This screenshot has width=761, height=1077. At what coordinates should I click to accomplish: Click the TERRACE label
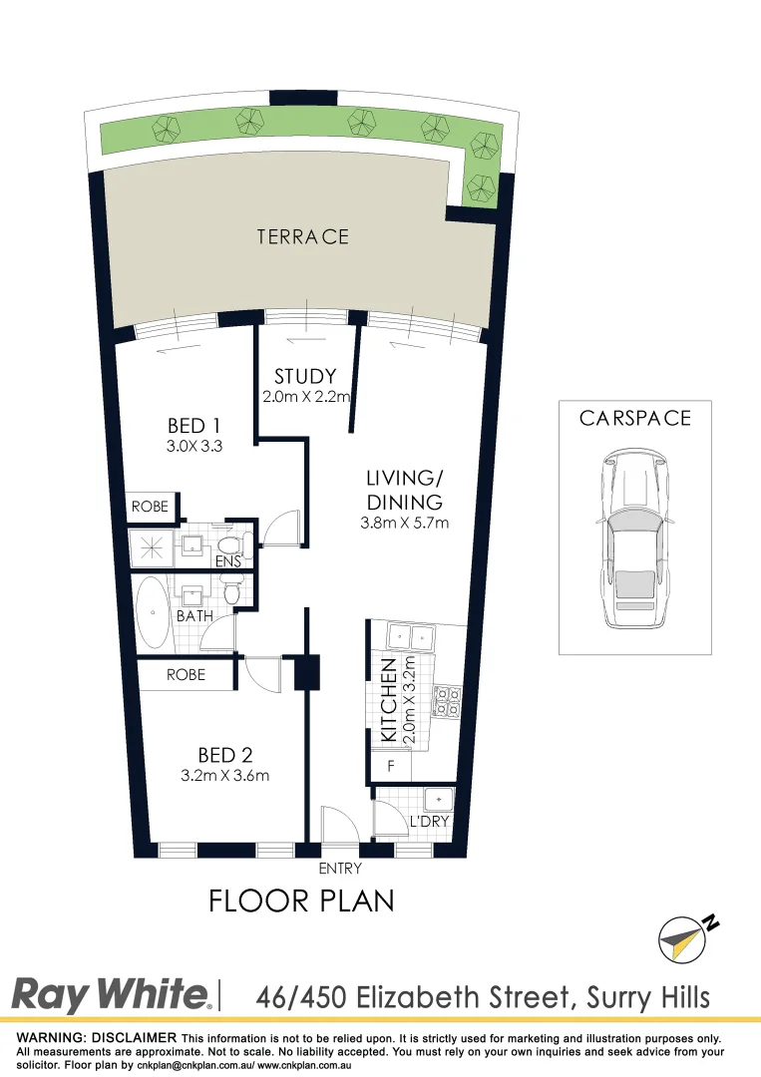coord(302,236)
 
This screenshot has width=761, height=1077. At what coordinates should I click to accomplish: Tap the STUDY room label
coord(305,377)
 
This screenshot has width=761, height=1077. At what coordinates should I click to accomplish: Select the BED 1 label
coord(193,427)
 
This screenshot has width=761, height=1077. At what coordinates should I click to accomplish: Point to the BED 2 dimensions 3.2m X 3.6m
coord(224,775)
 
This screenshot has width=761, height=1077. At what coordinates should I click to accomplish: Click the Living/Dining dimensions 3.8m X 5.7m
coord(404,522)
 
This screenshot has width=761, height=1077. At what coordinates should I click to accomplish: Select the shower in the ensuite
coord(153,542)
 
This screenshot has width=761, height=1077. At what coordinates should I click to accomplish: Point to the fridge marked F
coord(390,767)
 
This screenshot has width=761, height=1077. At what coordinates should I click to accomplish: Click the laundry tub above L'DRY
coord(438,800)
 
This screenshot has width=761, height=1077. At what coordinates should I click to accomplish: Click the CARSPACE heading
coord(634,418)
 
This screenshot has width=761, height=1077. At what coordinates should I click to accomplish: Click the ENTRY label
coord(340,869)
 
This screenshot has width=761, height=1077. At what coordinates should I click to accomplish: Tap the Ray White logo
coord(111,994)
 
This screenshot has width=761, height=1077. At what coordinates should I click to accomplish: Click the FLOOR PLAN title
coord(301,900)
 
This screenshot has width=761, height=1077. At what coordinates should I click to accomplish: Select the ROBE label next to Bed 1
coord(150,507)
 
